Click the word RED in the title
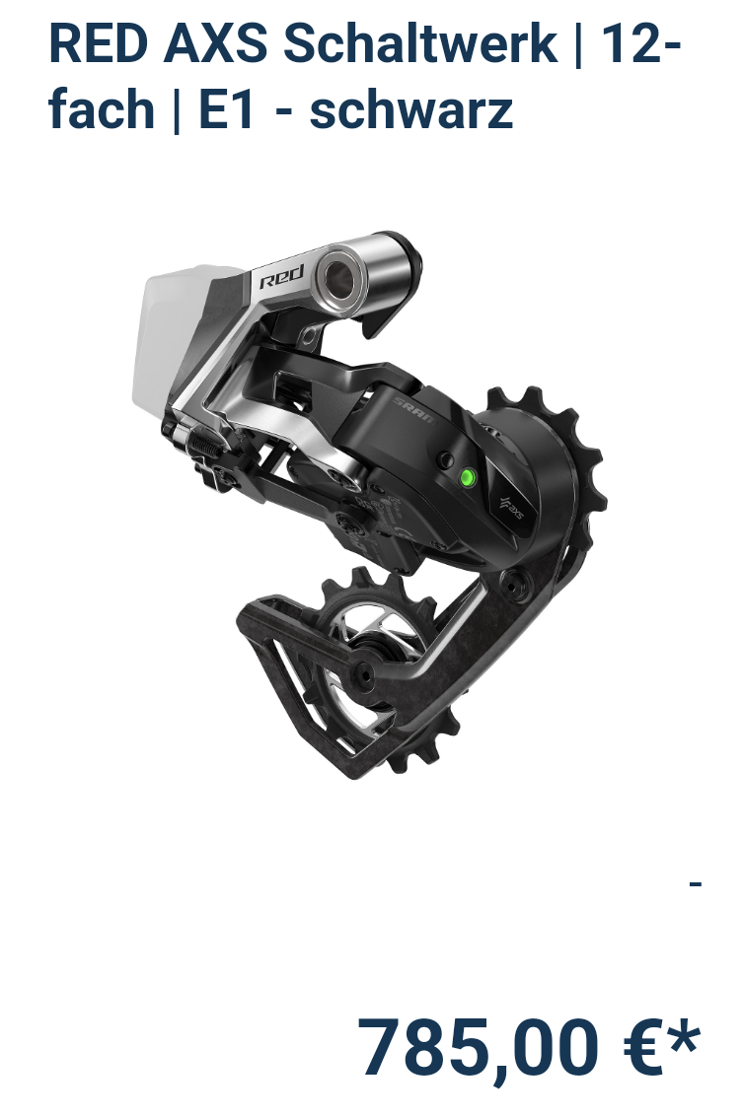[x=99, y=43]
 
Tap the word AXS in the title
[x=215, y=43]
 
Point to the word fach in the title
[x=102, y=109]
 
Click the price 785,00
[x=477, y=1048]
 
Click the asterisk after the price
[x=685, y=1035]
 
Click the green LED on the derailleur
[x=468, y=476]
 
